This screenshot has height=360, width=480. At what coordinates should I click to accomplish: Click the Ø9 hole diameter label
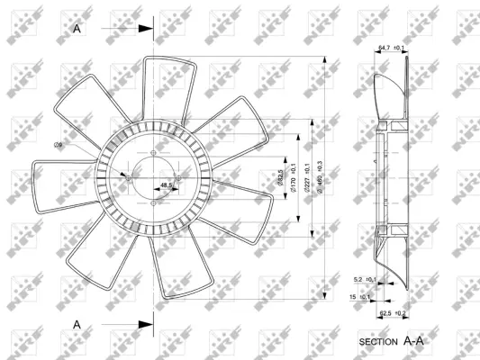58,146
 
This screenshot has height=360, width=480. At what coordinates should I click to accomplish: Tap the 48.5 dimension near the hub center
167,186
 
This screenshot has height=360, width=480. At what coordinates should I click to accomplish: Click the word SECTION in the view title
378,343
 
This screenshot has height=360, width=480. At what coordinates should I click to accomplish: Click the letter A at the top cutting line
77,29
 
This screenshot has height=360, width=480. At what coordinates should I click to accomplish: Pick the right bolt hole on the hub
178,178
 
